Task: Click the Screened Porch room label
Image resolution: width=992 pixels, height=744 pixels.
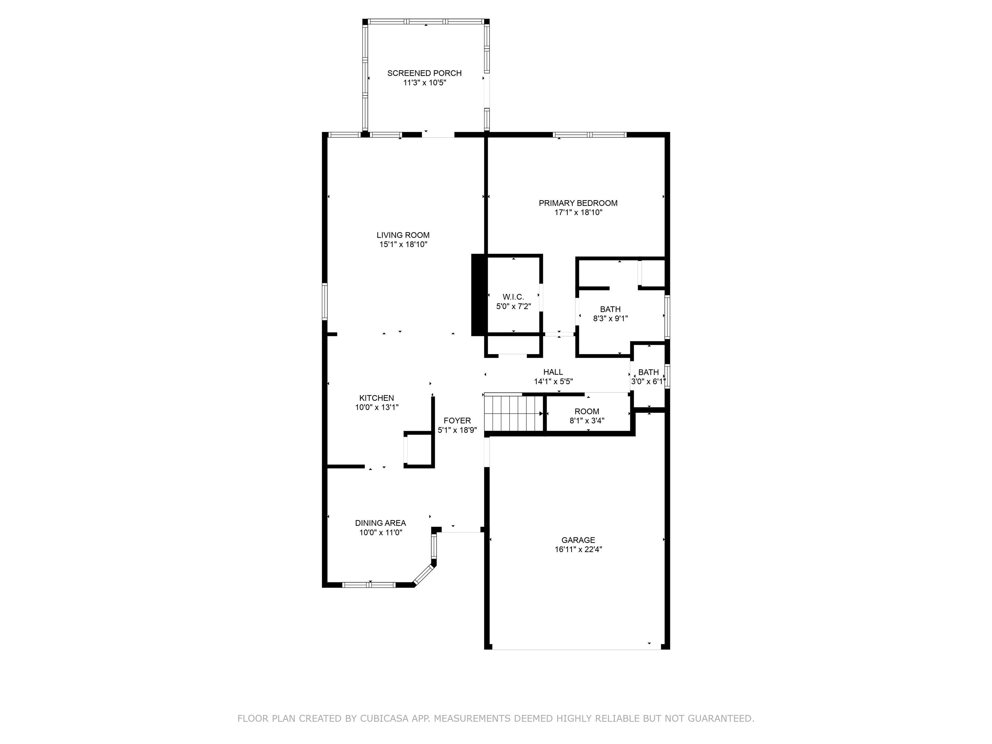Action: click(x=424, y=73)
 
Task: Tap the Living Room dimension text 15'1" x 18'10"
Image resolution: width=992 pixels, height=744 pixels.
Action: click(x=403, y=244)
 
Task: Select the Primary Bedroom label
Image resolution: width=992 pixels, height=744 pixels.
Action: click(x=578, y=203)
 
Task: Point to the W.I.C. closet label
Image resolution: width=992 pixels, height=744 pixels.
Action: click(x=513, y=297)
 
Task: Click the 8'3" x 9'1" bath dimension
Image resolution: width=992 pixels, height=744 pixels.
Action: click(x=610, y=319)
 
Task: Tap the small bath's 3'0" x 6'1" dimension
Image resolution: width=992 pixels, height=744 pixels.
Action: click(x=648, y=382)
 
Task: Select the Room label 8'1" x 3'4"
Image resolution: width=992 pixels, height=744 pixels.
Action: click(x=587, y=411)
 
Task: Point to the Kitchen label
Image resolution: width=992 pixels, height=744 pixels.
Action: click(x=377, y=398)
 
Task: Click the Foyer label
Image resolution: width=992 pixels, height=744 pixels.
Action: click(x=457, y=421)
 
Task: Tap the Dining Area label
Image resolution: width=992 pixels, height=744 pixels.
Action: click(x=380, y=523)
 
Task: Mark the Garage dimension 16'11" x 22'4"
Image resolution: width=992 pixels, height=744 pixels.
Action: click(x=578, y=549)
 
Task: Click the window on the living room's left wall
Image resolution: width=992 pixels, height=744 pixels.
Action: click(x=325, y=301)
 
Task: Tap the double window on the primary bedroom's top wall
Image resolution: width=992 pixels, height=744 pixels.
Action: click(x=589, y=135)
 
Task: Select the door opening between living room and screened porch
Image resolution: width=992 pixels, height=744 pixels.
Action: click(x=438, y=135)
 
